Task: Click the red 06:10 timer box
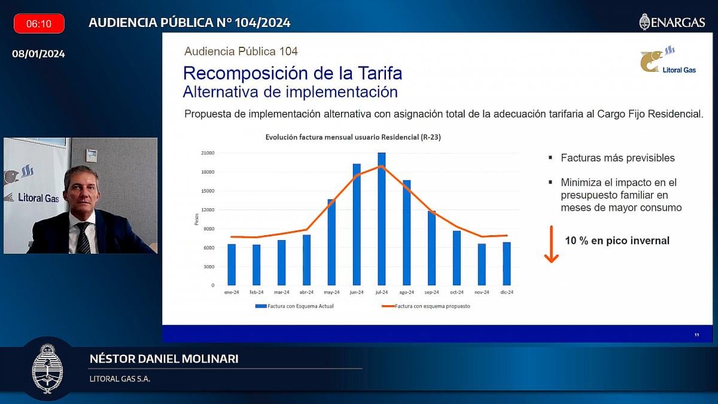pyautogui.click(x=39, y=24)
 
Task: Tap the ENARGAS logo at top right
pyautogui.click(x=672, y=22)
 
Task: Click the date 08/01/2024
pyautogui.click(x=39, y=54)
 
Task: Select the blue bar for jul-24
pyautogui.click(x=382, y=219)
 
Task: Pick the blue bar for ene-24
pyautogui.click(x=232, y=265)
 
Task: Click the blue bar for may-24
pyautogui.click(x=331, y=242)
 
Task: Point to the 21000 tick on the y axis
pyautogui.click(x=208, y=153)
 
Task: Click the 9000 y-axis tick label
pyautogui.click(x=209, y=229)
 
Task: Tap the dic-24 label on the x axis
pyautogui.click(x=506, y=292)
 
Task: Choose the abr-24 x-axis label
pyautogui.click(x=306, y=292)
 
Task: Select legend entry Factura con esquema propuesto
pyautogui.click(x=426, y=306)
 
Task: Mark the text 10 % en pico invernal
pyautogui.click(x=617, y=241)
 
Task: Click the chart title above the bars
pyautogui.click(x=353, y=138)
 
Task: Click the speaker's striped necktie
pyautogui.click(x=83, y=238)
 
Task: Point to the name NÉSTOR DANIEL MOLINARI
pyautogui.click(x=163, y=359)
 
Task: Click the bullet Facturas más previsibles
pyautogui.click(x=617, y=158)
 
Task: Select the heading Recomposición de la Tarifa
pyautogui.click(x=293, y=74)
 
